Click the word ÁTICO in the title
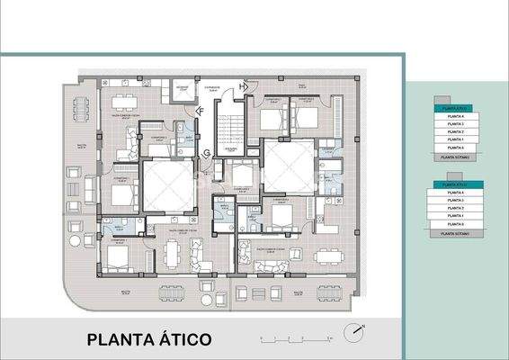183,339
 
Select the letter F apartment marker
201,111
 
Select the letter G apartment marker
208,152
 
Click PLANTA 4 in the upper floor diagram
458,115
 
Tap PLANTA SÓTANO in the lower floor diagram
458,233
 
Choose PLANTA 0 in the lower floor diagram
458,224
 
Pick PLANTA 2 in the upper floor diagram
458,132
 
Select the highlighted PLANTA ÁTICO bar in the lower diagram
458,184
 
